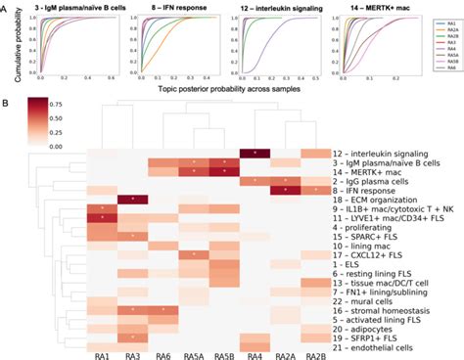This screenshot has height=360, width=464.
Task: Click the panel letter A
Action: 6,6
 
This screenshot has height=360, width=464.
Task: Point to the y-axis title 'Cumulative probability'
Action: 9,47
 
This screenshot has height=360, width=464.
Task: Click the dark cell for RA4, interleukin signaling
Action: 255,153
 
